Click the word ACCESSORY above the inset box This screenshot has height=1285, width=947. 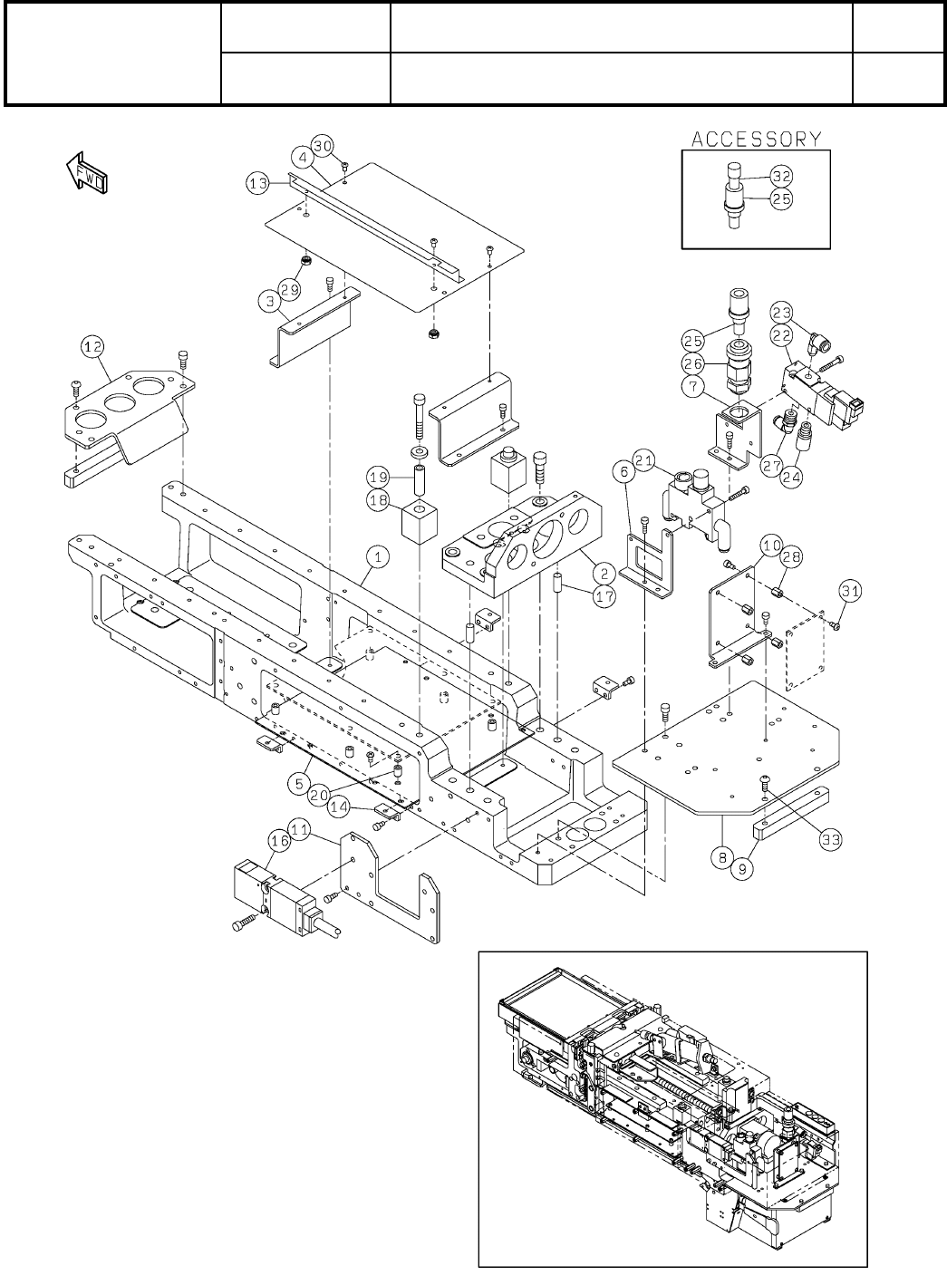click(x=757, y=139)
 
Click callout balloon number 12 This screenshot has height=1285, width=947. click(x=92, y=345)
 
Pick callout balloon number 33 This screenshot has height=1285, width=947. click(x=830, y=842)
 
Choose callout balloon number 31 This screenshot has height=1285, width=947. click(x=848, y=591)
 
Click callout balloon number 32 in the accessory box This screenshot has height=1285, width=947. click(x=781, y=177)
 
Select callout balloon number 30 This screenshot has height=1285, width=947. click(x=324, y=145)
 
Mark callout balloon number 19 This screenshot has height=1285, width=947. click(x=379, y=475)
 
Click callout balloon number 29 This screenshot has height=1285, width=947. click(x=289, y=289)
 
